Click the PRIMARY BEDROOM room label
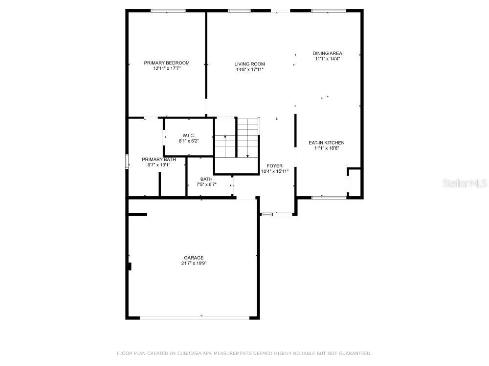click(x=167, y=63)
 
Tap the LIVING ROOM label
click(x=249, y=64)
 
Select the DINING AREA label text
click(x=327, y=53)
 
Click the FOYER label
click(x=274, y=166)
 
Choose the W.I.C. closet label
click(x=189, y=135)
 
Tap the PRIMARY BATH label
click(x=159, y=160)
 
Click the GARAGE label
click(x=194, y=258)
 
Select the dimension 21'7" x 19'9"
click(x=194, y=264)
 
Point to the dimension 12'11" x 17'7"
click(x=167, y=69)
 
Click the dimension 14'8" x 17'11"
click(x=249, y=69)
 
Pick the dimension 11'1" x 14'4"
click(x=327, y=59)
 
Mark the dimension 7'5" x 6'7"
click(x=206, y=184)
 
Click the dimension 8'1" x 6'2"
click(x=189, y=141)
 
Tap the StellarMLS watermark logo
click(x=465, y=183)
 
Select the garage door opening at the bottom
click(x=194, y=317)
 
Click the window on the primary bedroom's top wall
click(x=168, y=11)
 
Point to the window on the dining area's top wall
click(x=329, y=11)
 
